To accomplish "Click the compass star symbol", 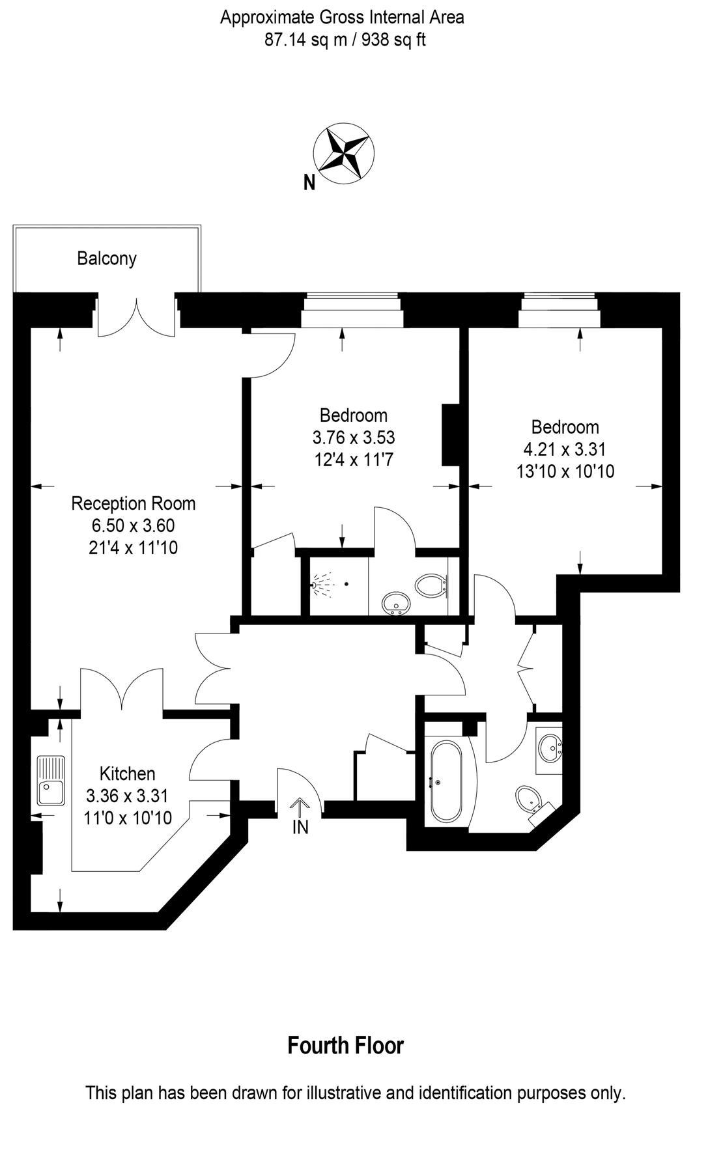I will [343, 152].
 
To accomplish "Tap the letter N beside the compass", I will [309, 184].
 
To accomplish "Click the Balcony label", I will [107, 258].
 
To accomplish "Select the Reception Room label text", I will [133, 503].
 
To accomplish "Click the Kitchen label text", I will [127, 774].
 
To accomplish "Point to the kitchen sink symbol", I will [51, 781].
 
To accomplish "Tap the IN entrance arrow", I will [300, 809].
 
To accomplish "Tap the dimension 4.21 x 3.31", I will [565, 449].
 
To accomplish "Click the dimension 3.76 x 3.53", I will [354, 437].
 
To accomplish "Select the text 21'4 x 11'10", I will [133, 548].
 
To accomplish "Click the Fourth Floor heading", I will [345, 1046].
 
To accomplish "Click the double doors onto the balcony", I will [137, 318].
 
